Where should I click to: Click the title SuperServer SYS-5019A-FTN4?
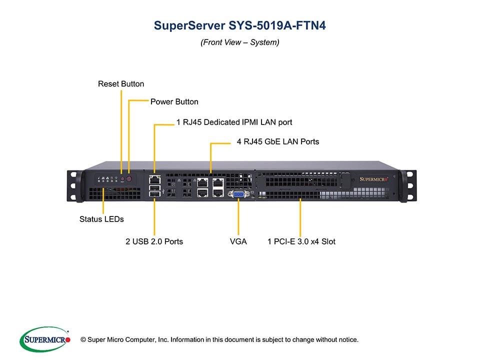pos(239,25)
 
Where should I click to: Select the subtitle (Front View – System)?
pos(239,42)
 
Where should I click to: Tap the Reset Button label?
pos(121,84)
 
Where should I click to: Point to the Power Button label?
pos(174,102)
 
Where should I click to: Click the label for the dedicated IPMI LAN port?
pos(234,122)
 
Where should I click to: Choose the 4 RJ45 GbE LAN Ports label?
pos(277,142)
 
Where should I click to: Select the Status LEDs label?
pos(101,219)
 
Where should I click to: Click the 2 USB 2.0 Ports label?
pos(154,241)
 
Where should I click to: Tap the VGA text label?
pos(238,241)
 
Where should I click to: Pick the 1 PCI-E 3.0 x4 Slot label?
pos(301,241)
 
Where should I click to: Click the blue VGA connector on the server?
pos(238,194)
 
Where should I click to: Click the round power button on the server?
pos(129,178)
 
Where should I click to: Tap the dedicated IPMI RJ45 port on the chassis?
pos(154,178)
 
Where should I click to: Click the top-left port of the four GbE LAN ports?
pos(203,183)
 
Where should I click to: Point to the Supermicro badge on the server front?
pos(375,178)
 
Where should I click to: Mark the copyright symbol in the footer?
pos(76,340)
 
